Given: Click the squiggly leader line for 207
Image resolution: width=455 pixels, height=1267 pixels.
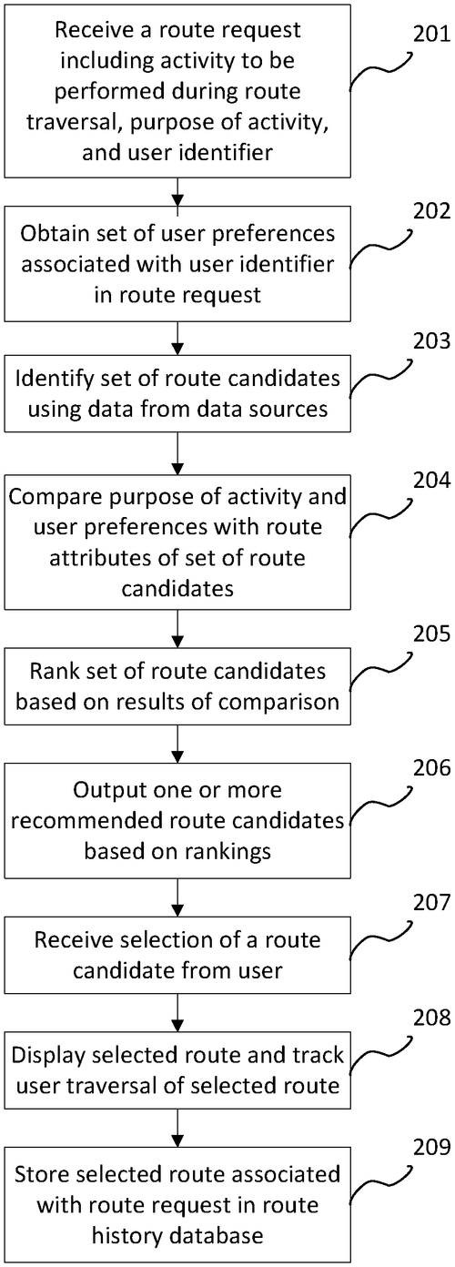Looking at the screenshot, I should click(380, 938).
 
